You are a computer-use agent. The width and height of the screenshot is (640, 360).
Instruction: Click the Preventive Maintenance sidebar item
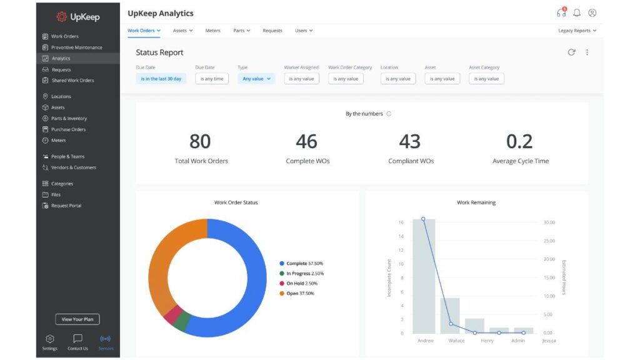pyautogui.click(x=76, y=47)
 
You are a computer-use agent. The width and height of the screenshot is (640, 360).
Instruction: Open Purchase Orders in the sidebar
pyautogui.click(x=68, y=129)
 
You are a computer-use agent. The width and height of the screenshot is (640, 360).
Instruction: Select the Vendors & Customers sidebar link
pyautogui.click(x=73, y=167)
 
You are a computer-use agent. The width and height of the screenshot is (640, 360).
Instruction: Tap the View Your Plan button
pyautogui.click(x=77, y=319)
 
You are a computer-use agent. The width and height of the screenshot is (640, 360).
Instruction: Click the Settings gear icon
pyautogui.click(x=50, y=339)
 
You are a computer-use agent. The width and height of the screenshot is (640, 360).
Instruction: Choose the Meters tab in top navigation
pyautogui.click(x=212, y=31)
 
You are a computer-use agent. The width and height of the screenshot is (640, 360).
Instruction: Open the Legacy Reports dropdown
pyautogui.click(x=577, y=31)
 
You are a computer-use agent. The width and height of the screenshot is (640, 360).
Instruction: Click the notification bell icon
pyautogui.click(x=577, y=13)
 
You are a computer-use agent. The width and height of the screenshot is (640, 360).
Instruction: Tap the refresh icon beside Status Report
pyautogui.click(x=571, y=52)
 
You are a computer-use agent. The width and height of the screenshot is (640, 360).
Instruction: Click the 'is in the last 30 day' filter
pyautogui.click(x=161, y=79)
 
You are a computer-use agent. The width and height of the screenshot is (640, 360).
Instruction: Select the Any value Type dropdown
pyautogui.click(x=256, y=79)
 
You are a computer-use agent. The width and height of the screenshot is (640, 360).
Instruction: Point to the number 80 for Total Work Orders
pyautogui.click(x=200, y=142)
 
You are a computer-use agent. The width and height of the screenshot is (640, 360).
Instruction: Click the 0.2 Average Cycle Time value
pyautogui.click(x=519, y=142)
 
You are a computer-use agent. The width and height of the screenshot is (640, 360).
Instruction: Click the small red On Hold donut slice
pyautogui.click(x=170, y=315)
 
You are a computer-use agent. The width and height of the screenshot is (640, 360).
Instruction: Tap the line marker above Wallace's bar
pyautogui.click(x=451, y=324)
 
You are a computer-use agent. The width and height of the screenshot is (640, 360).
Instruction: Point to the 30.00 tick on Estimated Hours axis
pyautogui.click(x=549, y=222)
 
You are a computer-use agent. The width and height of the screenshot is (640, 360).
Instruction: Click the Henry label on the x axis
pyautogui.click(x=487, y=341)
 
